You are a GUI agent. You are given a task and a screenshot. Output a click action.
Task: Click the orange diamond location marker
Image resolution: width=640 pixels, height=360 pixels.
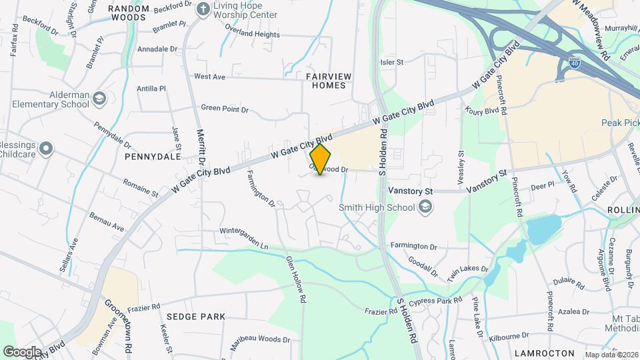(320, 159)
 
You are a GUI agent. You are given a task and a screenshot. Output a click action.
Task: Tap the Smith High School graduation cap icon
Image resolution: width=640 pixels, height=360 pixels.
(424, 207)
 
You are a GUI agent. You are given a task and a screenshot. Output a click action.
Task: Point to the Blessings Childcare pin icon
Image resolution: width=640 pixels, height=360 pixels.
(46, 149)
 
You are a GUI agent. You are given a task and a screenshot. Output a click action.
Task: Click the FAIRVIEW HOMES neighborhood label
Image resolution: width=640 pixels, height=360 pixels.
(326, 81)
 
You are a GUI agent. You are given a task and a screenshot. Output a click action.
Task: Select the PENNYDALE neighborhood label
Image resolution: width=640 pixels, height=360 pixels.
(153, 157)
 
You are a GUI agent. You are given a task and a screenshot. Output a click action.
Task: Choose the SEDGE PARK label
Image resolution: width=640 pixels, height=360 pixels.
(196, 317)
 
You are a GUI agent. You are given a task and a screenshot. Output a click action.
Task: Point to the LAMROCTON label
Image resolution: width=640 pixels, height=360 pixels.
(545, 353)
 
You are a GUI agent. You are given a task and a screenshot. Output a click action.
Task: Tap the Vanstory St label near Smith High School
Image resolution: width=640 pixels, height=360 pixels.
(411, 191)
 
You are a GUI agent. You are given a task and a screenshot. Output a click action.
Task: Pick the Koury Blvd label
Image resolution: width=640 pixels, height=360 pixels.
(483, 111)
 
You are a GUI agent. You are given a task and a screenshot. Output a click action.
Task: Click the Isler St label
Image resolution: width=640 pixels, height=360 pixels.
(392, 62)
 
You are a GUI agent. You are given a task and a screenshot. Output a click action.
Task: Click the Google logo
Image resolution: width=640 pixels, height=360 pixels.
(23, 351)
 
